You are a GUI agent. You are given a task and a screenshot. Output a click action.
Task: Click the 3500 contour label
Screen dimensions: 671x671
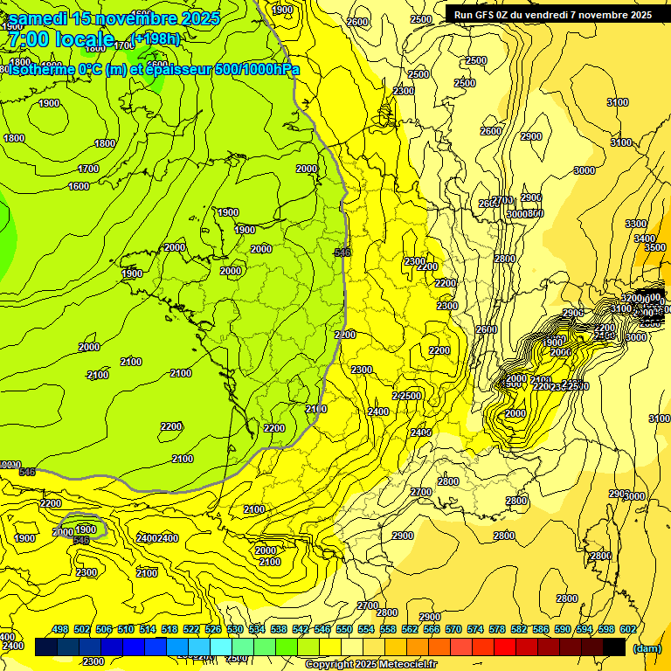click(654, 247)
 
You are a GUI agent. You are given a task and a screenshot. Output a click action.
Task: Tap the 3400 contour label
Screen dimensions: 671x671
click(645, 239)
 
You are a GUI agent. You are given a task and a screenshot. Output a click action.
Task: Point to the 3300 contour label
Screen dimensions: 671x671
click(637, 224)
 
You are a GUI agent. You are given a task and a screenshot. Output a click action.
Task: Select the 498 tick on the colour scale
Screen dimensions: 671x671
click(60, 629)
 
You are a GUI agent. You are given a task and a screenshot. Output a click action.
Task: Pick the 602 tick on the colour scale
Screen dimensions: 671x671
click(626, 629)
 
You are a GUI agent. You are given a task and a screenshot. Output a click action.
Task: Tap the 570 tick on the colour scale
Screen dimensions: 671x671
click(453, 629)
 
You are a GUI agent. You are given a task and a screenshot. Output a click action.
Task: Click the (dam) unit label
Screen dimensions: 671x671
click(646, 648)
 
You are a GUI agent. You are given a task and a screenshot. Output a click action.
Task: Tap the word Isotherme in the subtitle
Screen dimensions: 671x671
click(42, 69)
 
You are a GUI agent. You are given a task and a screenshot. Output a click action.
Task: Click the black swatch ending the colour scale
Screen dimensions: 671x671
click(614, 647)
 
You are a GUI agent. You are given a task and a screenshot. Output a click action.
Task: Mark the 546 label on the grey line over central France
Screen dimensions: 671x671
click(342, 252)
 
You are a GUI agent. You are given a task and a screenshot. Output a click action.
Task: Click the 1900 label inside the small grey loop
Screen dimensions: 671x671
click(86, 529)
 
